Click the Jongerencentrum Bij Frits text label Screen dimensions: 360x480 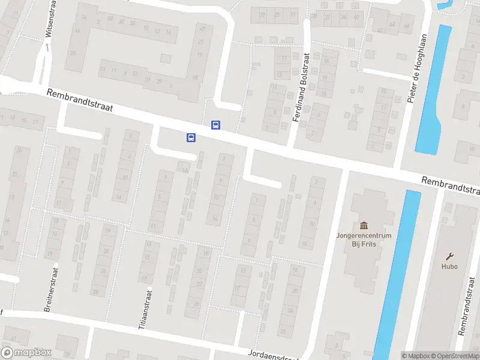click(x=364, y=239)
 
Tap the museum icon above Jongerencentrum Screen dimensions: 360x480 click(x=364, y=225)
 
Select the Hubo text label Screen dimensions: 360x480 click(x=449, y=266)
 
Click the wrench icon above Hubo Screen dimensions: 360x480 click(x=449, y=255)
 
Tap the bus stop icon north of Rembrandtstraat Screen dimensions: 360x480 click(x=215, y=125)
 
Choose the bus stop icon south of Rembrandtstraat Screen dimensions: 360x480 click(x=191, y=137)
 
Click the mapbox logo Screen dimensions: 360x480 click(x=26, y=353)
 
